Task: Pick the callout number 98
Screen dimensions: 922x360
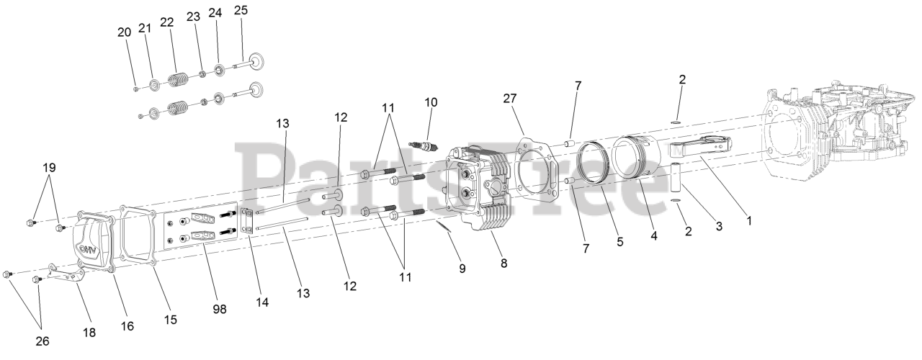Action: pyautogui.click(x=220, y=309)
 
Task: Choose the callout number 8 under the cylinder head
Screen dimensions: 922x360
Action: pyautogui.click(x=503, y=264)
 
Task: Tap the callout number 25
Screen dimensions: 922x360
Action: pyautogui.click(x=241, y=10)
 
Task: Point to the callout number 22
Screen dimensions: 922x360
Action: pyautogui.click(x=167, y=22)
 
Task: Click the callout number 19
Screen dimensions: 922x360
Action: pyautogui.click(x=48, y=167)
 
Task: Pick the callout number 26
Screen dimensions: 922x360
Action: pyautogui.click(x=42, y=341)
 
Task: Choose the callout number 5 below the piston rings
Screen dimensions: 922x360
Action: pyautogui.click(x=619, y=243)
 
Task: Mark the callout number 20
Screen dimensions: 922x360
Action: pyautogui.click(x=124, y=32)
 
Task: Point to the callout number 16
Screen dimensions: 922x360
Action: pyautogui.click(x=127, y=326)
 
